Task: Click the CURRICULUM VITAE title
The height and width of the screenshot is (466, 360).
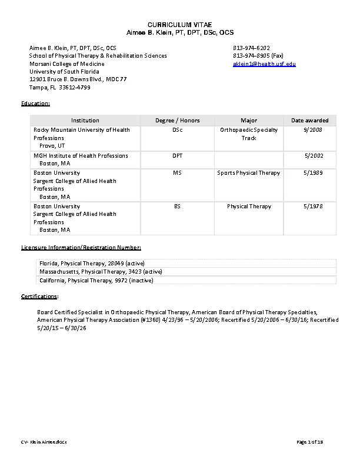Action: [181, 23]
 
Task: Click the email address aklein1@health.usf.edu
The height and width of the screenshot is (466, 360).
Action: [264, 64]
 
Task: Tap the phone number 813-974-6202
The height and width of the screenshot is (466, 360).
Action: [251, 47]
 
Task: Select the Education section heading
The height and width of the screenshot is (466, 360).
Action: [36, 104]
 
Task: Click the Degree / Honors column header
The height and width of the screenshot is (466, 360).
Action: [177, 121]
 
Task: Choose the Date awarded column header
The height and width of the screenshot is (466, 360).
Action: [309, 121]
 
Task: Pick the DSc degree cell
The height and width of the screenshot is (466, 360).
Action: [177, 130]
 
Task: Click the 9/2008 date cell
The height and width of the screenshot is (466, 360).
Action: [313, 130]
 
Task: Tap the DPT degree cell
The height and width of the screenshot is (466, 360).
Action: [177, 156]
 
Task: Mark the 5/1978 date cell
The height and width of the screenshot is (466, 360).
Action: [312, 207]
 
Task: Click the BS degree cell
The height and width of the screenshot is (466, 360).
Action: [177, 207]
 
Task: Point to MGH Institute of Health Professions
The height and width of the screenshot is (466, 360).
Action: [81, 156]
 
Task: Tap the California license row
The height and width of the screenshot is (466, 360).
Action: [96, 281]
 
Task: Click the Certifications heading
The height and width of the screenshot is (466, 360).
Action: [39, 296]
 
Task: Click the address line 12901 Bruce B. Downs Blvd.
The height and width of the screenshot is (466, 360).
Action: [78, 79]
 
